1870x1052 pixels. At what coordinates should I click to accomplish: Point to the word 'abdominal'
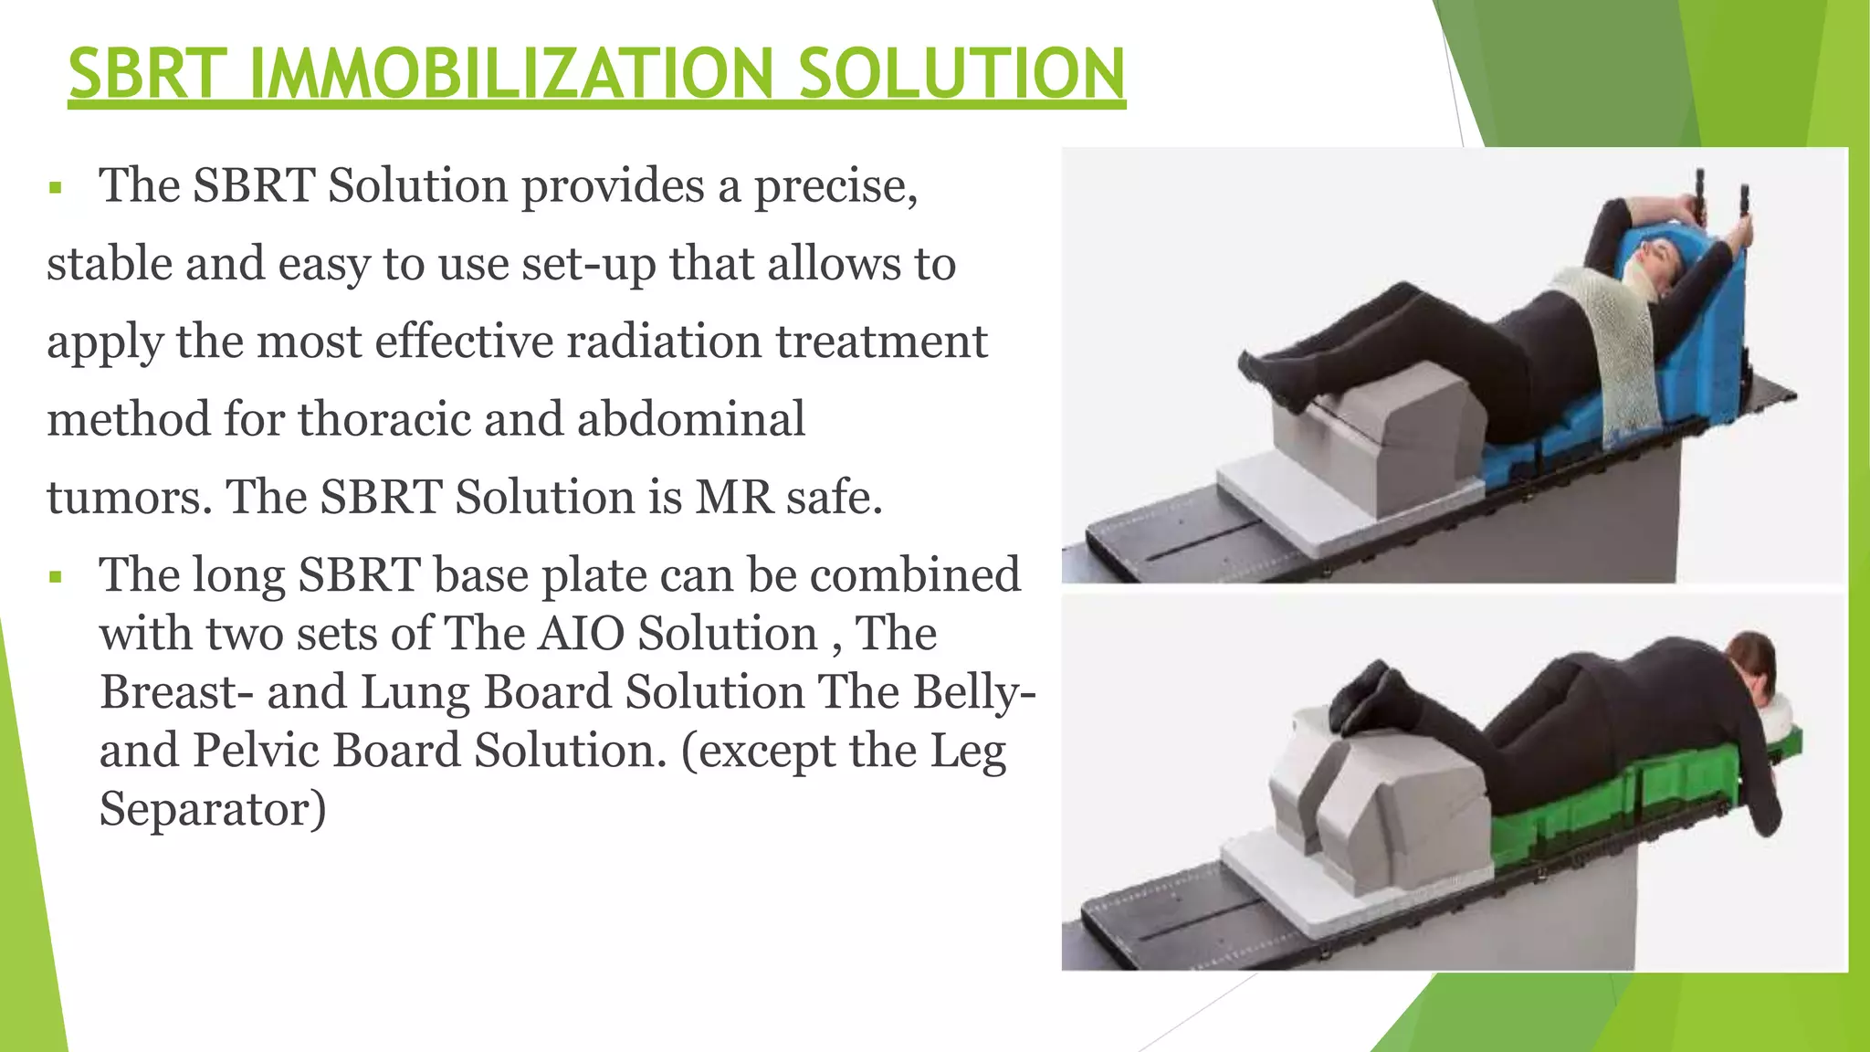point(690,420)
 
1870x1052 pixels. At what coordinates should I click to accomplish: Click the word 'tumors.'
point(129,498)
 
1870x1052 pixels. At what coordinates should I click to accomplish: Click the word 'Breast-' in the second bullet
point(176,692)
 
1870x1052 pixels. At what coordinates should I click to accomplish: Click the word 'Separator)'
point(212,809)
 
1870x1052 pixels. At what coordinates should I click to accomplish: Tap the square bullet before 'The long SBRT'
point(57,578)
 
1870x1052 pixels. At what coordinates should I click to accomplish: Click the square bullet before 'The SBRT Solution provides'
point(57,189)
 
